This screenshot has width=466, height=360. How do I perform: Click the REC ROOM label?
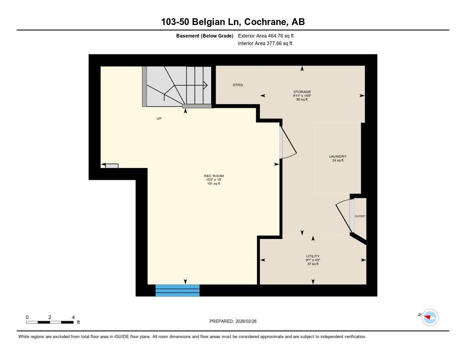pos(213,176)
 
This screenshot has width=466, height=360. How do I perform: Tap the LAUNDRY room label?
pos(338,157)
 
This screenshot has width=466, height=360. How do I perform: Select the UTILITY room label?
pos(312,256)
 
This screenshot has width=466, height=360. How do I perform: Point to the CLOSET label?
pos(360,216)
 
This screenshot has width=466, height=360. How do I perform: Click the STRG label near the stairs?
pos(238,85)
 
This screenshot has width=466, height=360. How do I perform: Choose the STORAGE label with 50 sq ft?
pos(302,92)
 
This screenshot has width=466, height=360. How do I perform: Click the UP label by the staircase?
pos(159,118)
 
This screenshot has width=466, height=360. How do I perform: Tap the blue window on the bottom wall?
pos(177,290)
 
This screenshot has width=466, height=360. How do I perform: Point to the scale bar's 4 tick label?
pos(73,317)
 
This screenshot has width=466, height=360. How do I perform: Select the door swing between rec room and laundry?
pos(288,143)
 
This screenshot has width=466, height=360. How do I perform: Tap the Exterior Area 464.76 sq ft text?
pos(269,35)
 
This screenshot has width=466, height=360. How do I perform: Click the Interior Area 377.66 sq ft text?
pos(265,44)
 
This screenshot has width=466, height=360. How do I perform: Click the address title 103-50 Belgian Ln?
pos(233,22)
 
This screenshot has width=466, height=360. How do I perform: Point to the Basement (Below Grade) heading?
pos(204,35)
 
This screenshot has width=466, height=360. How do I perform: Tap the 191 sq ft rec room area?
pos(213,184)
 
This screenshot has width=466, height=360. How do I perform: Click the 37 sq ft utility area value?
pos(312,264)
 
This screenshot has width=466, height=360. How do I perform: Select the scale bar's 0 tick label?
pos(27,317)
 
